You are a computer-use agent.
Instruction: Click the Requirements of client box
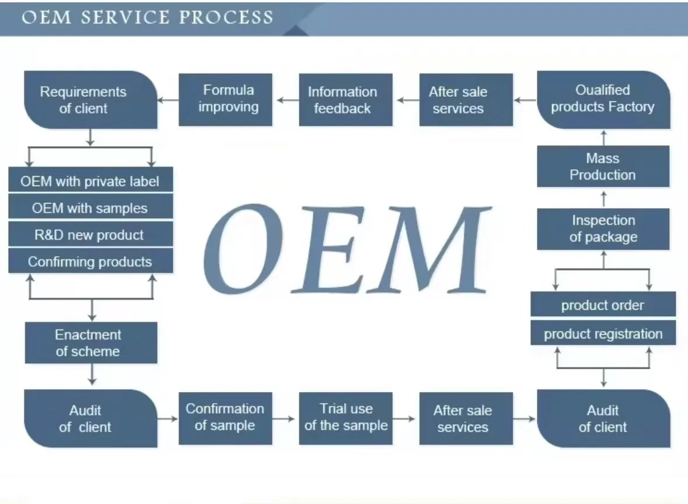click(90, 100)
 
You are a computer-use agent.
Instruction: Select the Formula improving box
click(225, 100)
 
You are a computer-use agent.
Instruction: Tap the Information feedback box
click(346, 100)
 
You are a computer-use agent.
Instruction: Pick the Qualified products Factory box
click(603, 100)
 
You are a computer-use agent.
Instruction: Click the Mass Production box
click(603, 167)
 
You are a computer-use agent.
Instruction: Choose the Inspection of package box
click(603, 229)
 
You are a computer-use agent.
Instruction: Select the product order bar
click(603, 304)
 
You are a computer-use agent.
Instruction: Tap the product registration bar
click(603, 332)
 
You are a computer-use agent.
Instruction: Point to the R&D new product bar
click(90, 234)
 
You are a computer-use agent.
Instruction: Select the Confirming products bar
click(90, 261)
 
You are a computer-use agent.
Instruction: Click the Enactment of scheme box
click(91, 342)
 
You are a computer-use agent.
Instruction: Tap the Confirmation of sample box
click(225, 418)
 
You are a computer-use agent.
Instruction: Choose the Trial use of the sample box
click(346, 418)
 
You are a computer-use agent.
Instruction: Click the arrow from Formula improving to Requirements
click(168, 100)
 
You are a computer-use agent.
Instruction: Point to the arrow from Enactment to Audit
click(92, 374)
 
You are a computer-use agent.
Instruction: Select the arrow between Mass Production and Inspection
click(604, 198)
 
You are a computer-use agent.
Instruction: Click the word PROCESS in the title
click(226, 17)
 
